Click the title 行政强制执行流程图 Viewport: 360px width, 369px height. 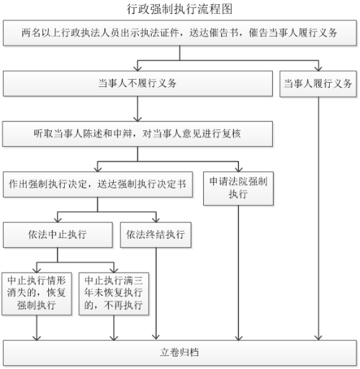point(179,9)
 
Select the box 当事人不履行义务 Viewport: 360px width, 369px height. point(138,83)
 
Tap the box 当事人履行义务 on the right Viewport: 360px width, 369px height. point(318,83)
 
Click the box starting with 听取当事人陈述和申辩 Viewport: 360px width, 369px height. point(138,134)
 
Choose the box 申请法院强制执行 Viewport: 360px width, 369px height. point(238,188)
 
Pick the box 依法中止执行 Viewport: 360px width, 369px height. point(58,234)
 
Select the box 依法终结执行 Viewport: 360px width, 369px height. point(156,234)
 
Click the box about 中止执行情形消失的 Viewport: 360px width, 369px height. point(37,293)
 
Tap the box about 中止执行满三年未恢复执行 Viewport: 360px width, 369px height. point(114,293)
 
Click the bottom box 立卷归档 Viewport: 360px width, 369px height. point(180,352)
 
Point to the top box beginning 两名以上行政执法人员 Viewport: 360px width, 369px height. point(180,33)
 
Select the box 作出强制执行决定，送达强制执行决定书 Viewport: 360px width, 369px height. point(98,184)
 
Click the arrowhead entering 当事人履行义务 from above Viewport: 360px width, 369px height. point(318,68)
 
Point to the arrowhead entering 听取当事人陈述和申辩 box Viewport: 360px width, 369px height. point(138,119)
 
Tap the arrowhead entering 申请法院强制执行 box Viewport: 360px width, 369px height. point(238,169)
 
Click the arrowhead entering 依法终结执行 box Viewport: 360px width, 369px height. point(156,219)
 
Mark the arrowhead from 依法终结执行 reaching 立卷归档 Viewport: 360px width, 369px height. point(156,337)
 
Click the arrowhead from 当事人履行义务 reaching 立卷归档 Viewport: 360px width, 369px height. point(318,337)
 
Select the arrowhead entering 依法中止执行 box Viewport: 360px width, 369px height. point(58,219)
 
